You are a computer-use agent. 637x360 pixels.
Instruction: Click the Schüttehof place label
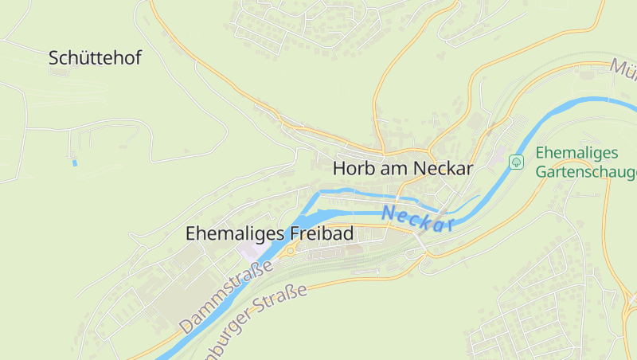click(x=95, y=57)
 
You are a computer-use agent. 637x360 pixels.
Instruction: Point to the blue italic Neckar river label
click(x=417, y=218)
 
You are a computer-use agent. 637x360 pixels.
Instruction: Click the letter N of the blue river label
click(x=389, y=213)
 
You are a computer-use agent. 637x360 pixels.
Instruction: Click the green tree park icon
click(x=516, y=162)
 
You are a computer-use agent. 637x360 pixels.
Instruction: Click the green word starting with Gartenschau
click(x=586, y=172)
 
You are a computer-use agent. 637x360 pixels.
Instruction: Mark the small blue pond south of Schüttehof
click(x=75, y=163)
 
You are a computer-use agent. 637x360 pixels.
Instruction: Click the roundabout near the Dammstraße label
click(x=292, y=249)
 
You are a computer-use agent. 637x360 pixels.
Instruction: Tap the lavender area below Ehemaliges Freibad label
click(x=249, y=250)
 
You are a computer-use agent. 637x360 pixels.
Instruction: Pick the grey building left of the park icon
click(x=501, y=160)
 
